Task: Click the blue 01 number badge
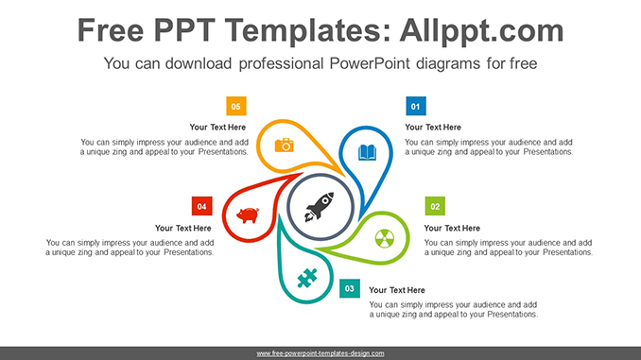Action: (x=415, y=106)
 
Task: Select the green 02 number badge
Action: (x=435, y=206)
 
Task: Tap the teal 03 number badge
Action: (x=350, y=287)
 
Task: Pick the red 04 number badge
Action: (x=200, y=206)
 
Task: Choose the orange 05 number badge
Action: (x=235, y=106)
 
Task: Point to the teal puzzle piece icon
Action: (x=305, y=278)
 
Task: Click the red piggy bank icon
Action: (x=248, y=215)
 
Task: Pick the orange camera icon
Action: (x=284, y=145)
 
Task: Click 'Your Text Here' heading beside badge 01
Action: (x=433, y=128)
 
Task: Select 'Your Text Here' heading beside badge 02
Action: (x=452, y=228)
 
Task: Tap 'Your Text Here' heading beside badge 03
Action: (x=397, y=290)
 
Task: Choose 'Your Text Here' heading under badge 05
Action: (x=217, y=128)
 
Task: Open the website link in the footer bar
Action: (x=320, y=352)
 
